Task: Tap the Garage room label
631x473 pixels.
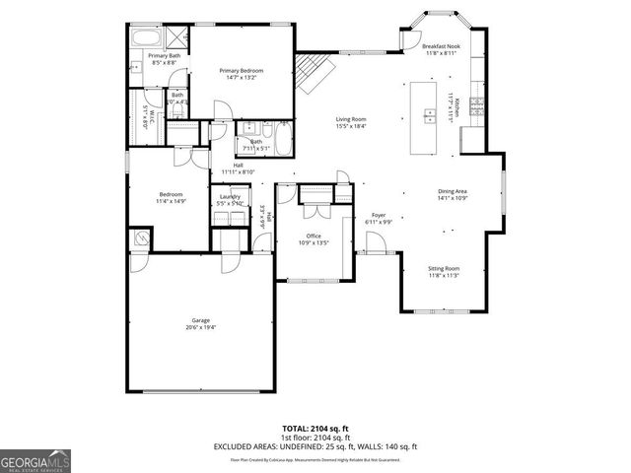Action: (x=200, y=320)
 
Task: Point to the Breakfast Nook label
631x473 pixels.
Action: (x=443, y=46)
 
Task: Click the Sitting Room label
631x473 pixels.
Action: (x=443, y=268)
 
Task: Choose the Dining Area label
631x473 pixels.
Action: (x=453, y=192)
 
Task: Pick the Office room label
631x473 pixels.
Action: (x=315, y=236)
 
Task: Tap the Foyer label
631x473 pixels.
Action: (x=379, y=215)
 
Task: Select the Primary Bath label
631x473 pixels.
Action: (x=164, y=56)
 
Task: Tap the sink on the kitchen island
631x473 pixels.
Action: (x=430, y=116)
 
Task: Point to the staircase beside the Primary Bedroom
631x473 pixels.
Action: (x=316, y=71)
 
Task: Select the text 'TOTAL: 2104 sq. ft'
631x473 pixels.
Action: (x=315, y=429)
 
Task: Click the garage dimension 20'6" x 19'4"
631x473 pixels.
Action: (x=200, y=327)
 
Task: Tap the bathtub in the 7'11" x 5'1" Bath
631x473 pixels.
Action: (x=280, y=137)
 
